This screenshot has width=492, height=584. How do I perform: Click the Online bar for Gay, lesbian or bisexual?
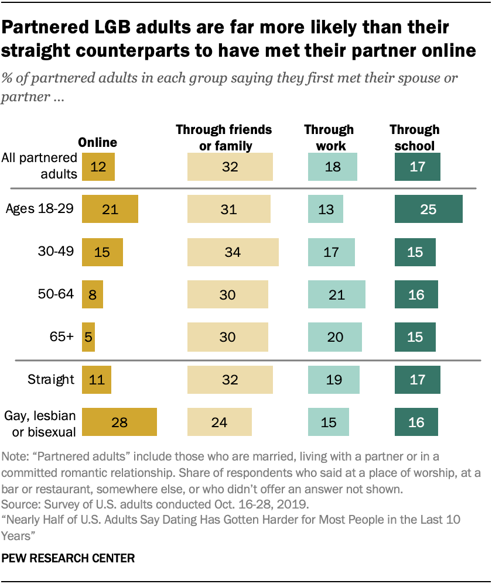pos(119,422)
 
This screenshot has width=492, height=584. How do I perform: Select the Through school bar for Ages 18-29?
pos(428,209)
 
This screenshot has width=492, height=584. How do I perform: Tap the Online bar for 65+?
pos(88,337)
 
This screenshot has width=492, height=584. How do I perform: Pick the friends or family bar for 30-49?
pos(233,252)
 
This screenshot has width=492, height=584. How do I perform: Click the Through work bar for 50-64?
pos(337,294)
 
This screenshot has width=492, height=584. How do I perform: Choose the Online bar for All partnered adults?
pos(98,167)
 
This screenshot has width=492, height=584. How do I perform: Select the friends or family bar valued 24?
pos(220,422)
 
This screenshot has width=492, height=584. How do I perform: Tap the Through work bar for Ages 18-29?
pos(325,209)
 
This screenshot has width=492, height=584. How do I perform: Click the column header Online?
pos(98,142)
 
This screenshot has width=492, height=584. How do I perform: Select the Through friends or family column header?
pos(224,137)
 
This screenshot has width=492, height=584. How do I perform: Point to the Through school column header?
pos(415,137)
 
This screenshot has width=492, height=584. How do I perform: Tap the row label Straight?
pos(51,379)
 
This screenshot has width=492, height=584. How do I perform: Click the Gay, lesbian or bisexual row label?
pos(40,422)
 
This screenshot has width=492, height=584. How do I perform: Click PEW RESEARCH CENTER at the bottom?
pos(69,558)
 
